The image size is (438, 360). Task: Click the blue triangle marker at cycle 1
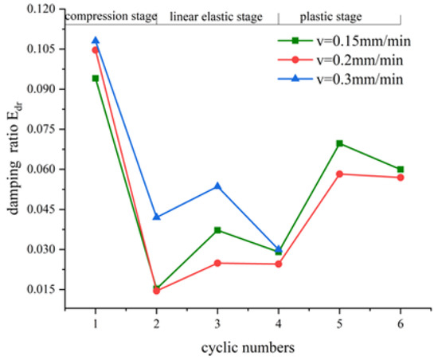(x=96, y=41)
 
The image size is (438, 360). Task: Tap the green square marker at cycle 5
(x=339, y=143)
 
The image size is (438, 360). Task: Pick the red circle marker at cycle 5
(x=339, y=174)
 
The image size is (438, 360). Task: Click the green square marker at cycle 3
(x=217, y=230)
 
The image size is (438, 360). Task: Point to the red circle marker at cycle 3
(x=217, y=263)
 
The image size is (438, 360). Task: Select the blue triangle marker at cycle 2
(x=157, y=217)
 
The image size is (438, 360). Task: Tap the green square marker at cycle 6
(x=401, y=170)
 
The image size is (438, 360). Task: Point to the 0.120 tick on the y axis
(x=44, y=9)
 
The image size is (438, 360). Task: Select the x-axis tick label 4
(x=279, y=323)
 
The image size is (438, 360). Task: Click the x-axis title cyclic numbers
(x=248, y=346)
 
